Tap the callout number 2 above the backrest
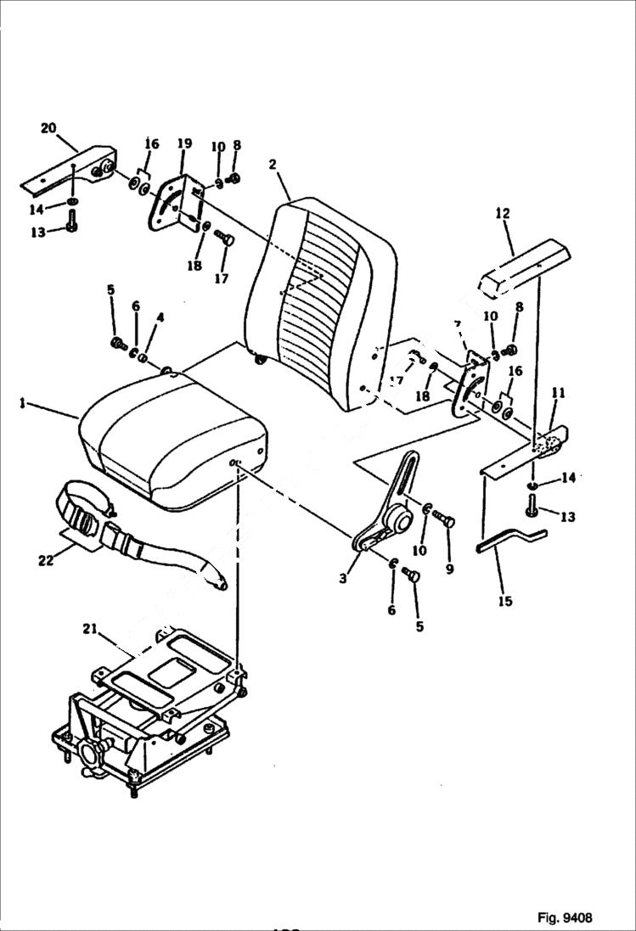click(x=273, y=165)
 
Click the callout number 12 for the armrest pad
click(x=503, y=213)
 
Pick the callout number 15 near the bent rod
click(x=505, y=602)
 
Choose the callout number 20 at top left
click(x=48, y=128)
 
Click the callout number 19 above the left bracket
click(x=185, y=144)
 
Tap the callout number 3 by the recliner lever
click(x=343, y=578)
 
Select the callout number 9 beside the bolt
click(x=449, y=569)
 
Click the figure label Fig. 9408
click(x=564, y=917)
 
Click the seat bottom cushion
click(x=170, y=441)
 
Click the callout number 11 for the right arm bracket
click(x=557, y=393)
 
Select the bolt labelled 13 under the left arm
click(x=71, y=227)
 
